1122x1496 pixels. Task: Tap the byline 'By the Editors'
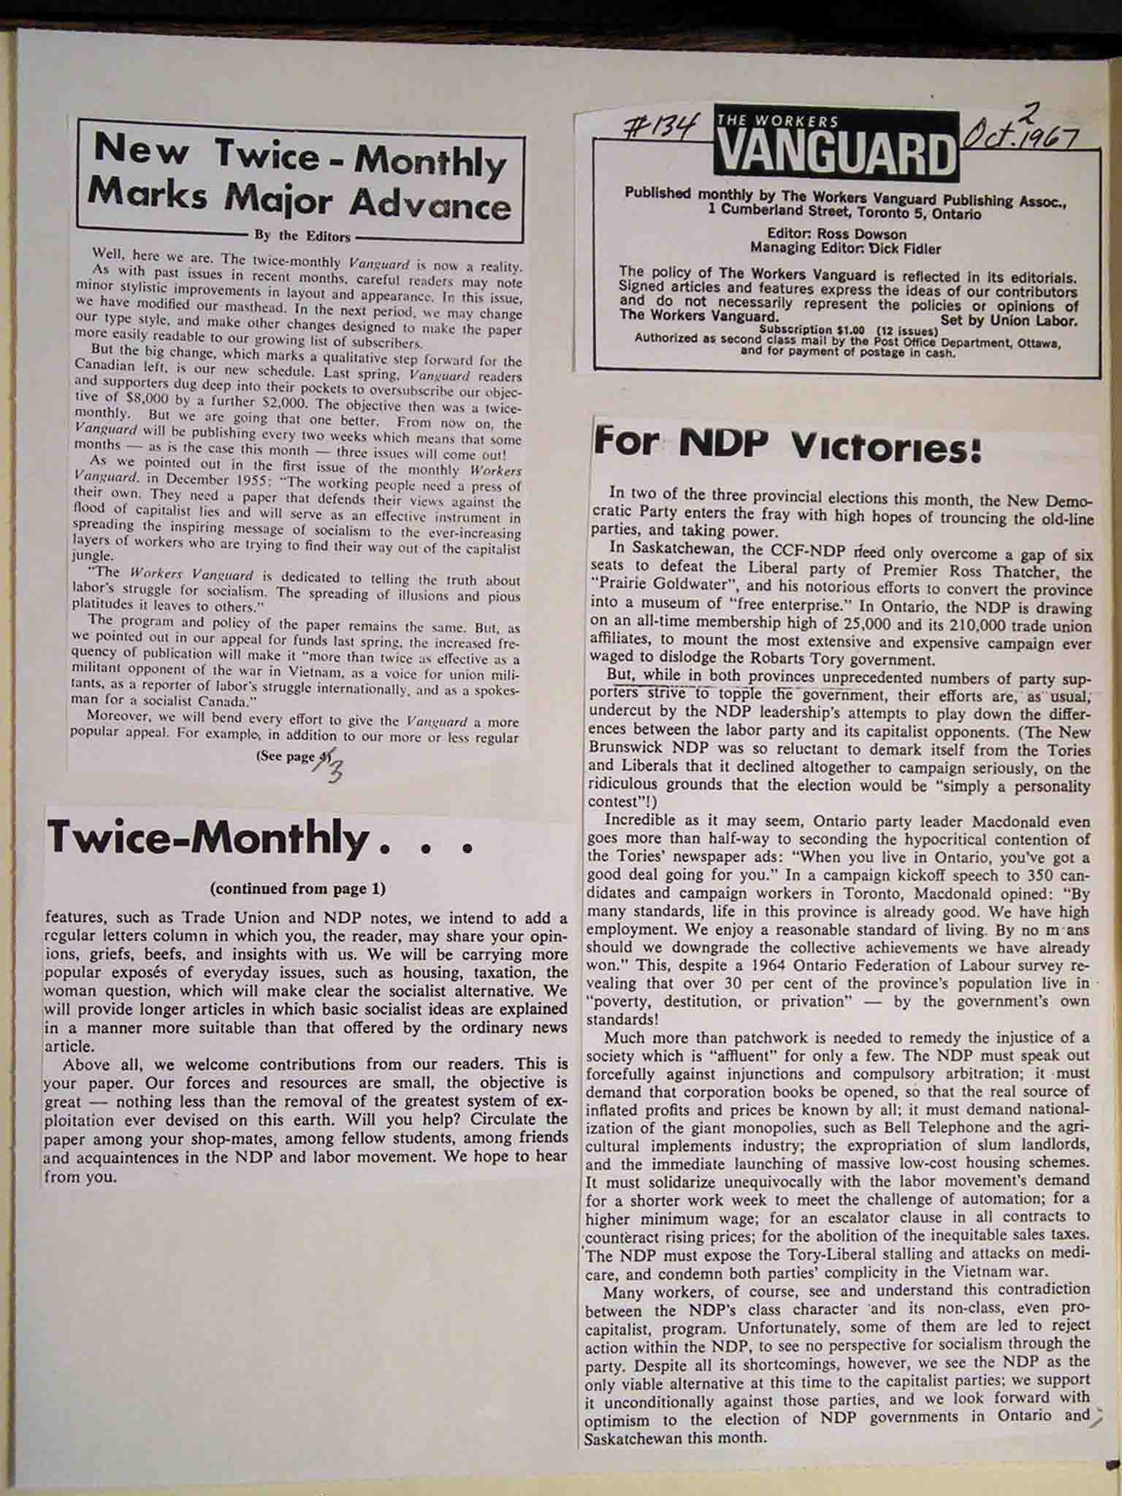pos(302,236)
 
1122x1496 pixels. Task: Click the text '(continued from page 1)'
pos(297,889)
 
